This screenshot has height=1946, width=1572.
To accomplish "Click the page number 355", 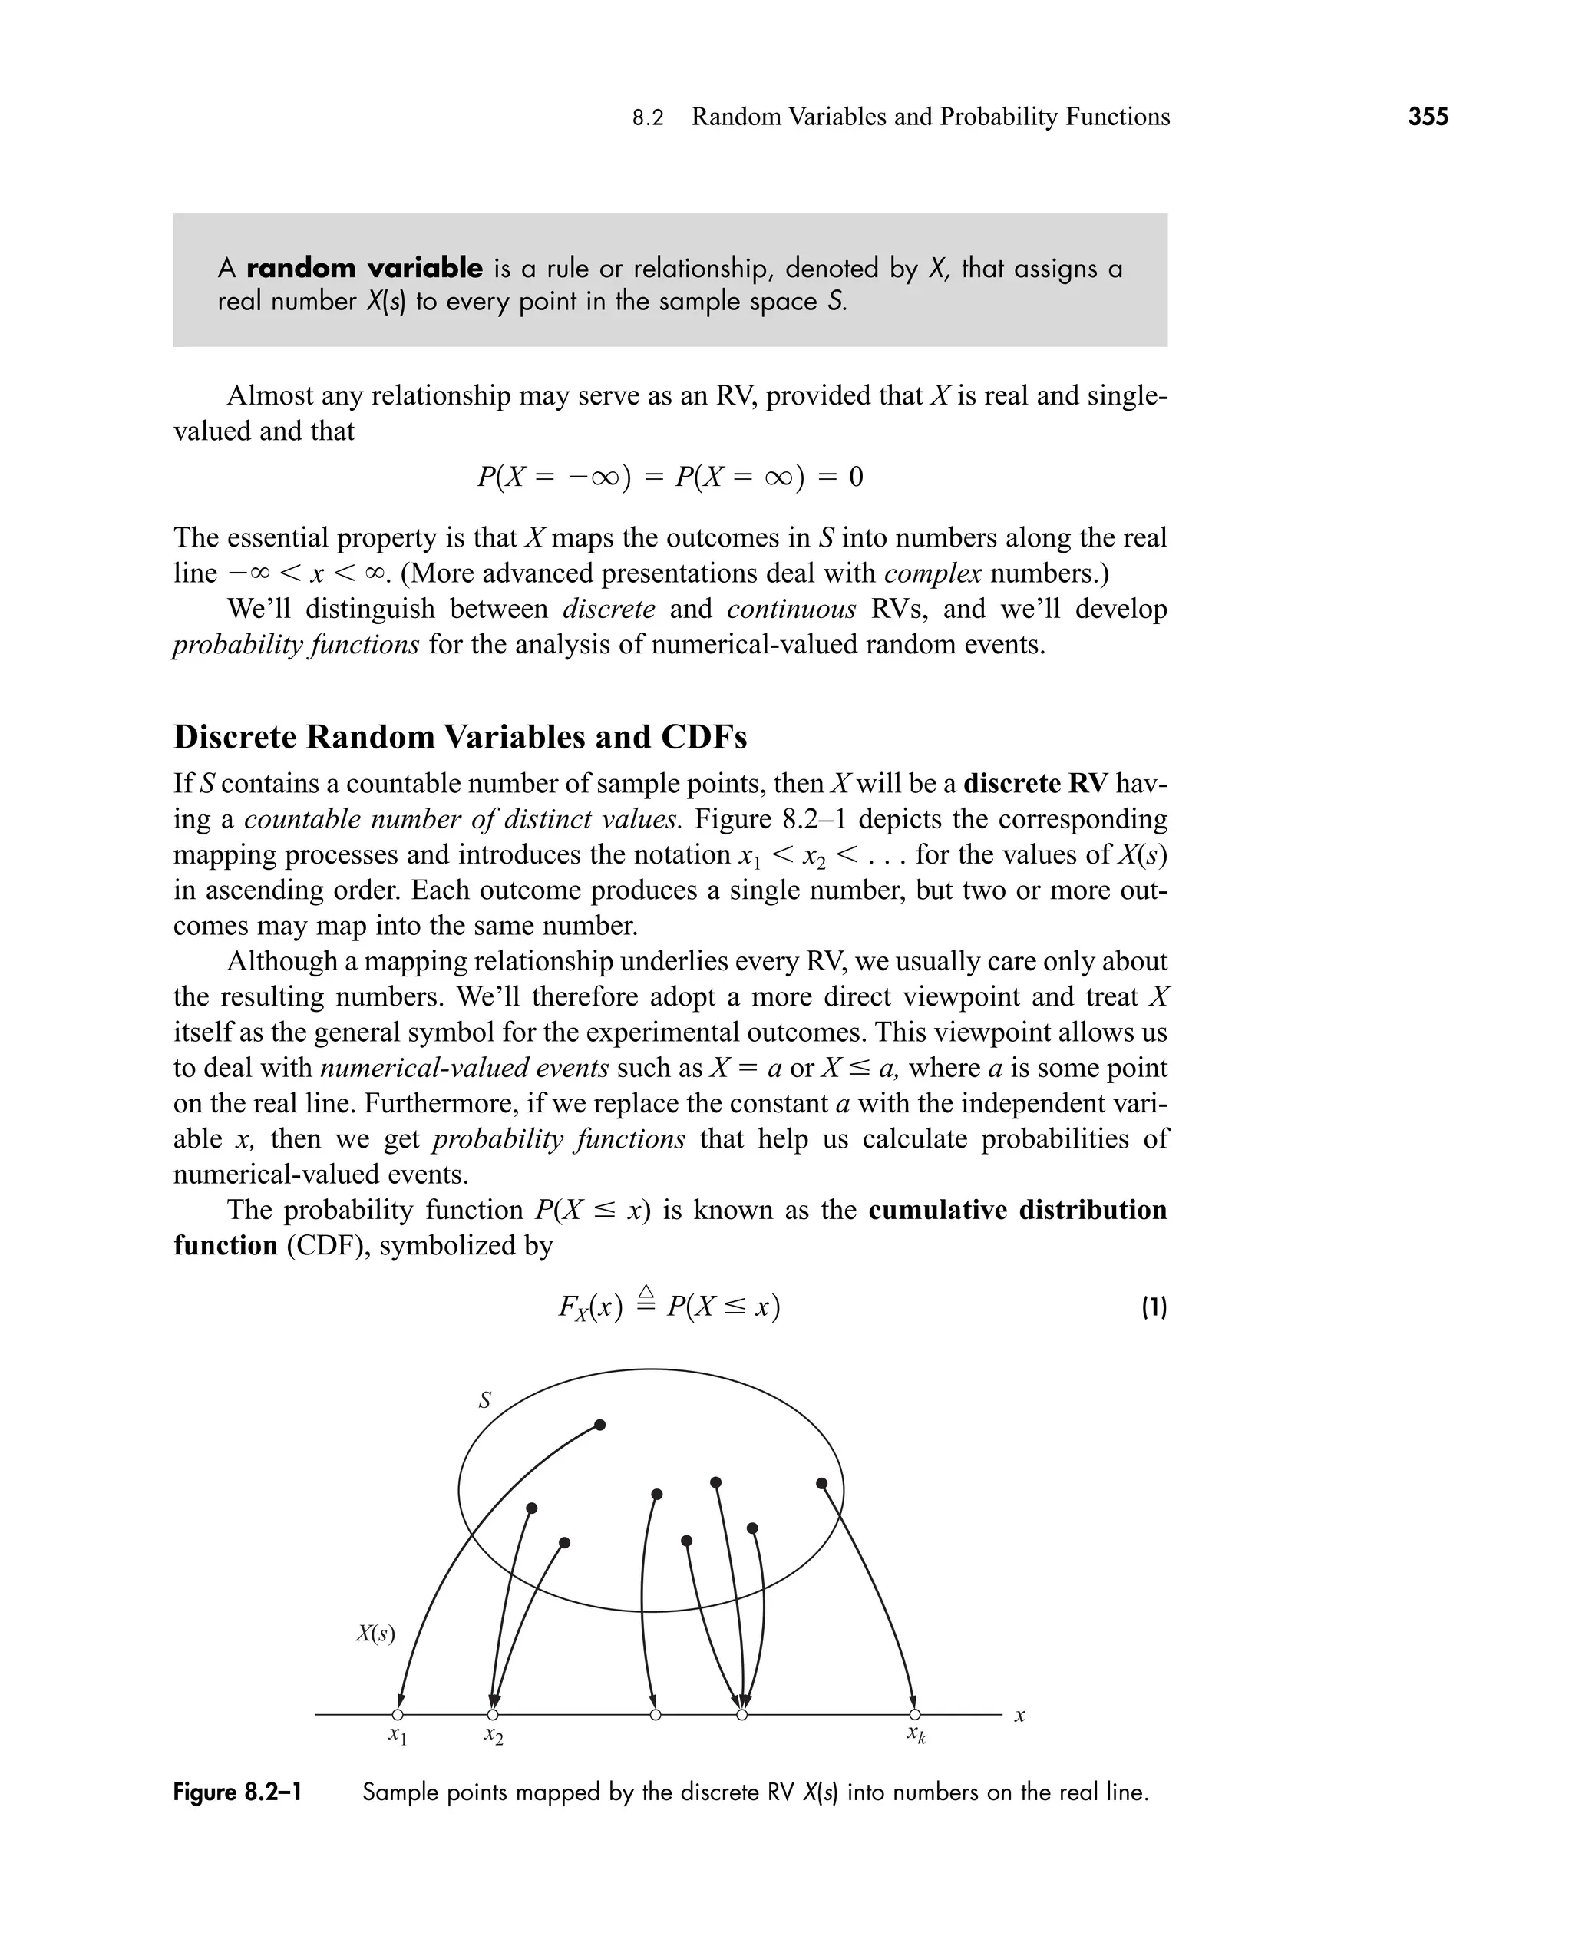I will point(1428,117).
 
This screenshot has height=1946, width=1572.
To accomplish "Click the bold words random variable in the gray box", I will point(364,268).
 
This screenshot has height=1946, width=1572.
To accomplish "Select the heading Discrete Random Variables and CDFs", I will point(460,737).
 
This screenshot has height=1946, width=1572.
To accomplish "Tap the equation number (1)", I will point(1154,1307).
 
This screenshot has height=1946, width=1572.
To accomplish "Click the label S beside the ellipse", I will point(484,1400).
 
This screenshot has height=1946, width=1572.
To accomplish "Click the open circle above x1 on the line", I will point(398,1714).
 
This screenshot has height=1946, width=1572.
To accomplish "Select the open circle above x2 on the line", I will point(493,1714).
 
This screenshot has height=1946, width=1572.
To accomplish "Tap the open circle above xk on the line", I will point(915,1714).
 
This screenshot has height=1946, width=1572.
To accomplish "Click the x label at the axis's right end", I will point(1019,1715).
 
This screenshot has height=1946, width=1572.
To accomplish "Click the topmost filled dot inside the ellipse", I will point(599,1425).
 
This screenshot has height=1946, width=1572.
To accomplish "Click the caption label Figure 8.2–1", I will point(237,1792).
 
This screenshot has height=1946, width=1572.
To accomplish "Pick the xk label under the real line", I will point(916,1734).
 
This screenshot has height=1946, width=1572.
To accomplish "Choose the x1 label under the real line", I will point(398,1735).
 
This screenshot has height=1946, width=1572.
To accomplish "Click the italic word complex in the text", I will point(932,573).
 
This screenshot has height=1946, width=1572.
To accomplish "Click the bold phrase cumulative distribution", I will point(1017,1210).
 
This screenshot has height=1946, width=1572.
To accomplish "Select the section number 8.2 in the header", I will point(648,117).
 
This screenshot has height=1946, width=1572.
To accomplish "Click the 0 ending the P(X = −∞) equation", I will point(856,476).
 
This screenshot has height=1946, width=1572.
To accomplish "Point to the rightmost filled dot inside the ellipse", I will point(821,1483).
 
